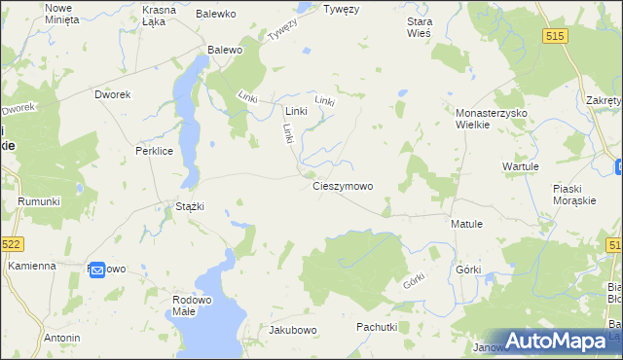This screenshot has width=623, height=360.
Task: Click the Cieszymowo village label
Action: tap(342, 185)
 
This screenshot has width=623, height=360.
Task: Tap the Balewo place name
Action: tap(224, 49)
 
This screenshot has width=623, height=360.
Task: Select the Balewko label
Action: tap(216, 14)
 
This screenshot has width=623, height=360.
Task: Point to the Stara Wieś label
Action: tap(419, 26)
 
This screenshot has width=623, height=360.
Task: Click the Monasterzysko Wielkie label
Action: tap(491, 119)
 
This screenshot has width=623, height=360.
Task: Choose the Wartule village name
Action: tap(520, 166)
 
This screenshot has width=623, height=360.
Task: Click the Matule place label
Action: tap(466, 223)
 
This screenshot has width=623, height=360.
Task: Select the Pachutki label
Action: tap(376, 327)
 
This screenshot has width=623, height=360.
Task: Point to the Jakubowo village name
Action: tap(293, 330)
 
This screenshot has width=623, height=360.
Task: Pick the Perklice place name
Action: tap(154, 152)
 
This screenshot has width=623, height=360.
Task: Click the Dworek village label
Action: tap(112, 94)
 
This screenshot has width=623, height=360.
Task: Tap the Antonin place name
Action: tap(61, 338)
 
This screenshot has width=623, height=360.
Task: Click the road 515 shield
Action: tap(555, 35)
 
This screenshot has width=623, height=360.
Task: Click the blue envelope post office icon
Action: tap(97, 271)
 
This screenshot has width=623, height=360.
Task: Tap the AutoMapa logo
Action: tap(560, 341)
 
